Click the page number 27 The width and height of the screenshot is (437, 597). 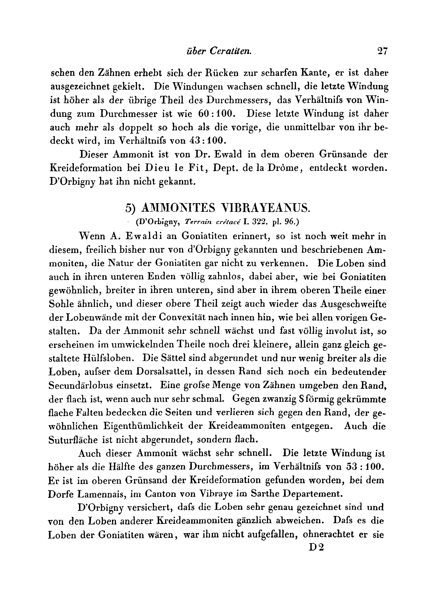click(382, 51)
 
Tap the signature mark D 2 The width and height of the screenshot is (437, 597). click(317, 548)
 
